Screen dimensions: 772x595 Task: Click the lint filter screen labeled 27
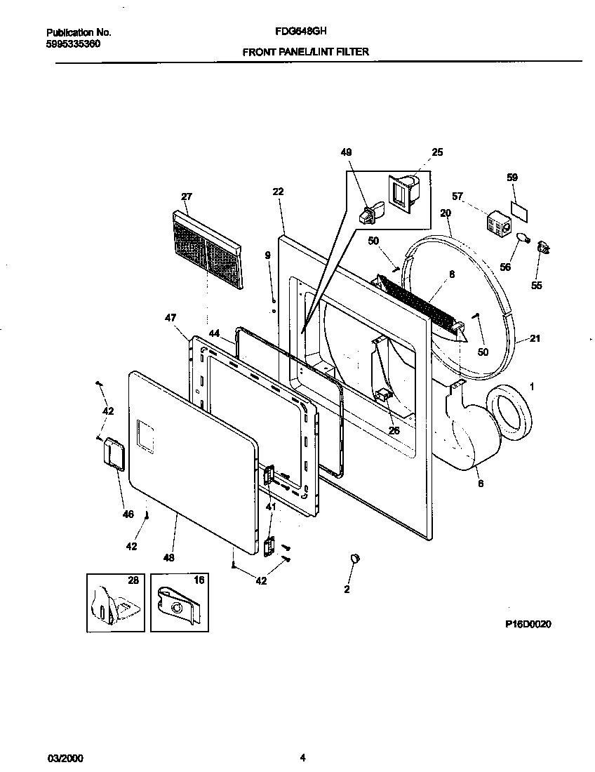(207, 249)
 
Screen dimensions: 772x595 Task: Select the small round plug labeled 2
(354, 558)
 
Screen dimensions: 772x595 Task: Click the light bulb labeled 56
(523, 239)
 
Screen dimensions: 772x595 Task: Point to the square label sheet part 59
(518, 208)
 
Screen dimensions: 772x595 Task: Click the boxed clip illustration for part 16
(180, 602)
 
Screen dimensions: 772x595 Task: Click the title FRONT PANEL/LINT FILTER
(305, 51)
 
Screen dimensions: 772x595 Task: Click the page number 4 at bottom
(302, 757)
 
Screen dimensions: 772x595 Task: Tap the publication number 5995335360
(73, 44)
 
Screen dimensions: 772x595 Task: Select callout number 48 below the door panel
(168, 558)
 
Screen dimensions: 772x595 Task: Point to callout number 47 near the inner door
(170, 318)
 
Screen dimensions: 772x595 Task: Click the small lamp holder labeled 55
(542, 246)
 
